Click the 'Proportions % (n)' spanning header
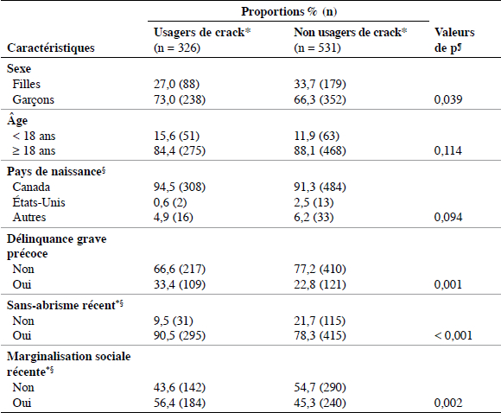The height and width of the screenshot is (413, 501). (289, 11)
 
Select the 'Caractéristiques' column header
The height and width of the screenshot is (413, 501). (51, 48)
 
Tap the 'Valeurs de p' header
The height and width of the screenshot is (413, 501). (454, 40)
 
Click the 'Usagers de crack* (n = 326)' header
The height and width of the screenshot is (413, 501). (202, 40)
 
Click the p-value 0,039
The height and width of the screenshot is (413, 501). (448, 99)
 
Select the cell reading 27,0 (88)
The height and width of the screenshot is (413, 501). (176, 84)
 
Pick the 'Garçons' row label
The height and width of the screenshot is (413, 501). (33, 99)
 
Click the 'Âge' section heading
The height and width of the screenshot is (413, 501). (17, 120)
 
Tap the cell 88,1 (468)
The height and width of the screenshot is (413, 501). (320, 150)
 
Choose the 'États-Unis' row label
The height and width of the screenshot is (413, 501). (39, 202)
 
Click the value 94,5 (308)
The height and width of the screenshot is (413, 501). (180, 187)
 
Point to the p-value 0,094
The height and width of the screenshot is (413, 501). (448, 218)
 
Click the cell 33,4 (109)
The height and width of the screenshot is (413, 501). (180, 284)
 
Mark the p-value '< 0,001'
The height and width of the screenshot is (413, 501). (453, 335)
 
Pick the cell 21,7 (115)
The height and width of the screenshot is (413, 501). (320, 321)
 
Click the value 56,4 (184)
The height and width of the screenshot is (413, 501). (180, 403)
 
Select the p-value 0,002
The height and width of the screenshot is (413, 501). (448, 403)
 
